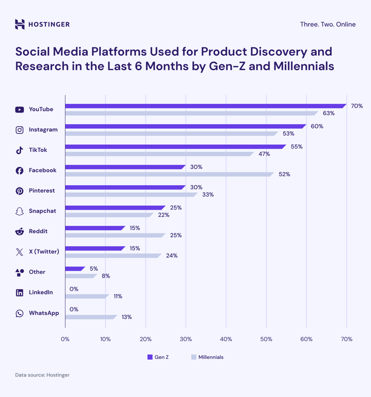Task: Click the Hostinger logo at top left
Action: (x=42, y=24)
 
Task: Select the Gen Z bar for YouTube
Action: (x=205, y=106)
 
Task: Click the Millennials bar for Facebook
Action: (x=169, y=174)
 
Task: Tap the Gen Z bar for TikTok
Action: (x=175, y=147)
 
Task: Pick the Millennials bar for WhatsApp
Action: (x=91, y=317)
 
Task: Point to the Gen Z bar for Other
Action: (x=75, y=269)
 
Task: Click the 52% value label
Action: (x=284, y=174)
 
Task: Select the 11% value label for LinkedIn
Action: (x=118, y=297)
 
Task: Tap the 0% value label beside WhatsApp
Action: (x=74, y=310)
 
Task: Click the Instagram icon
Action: (x=20, y=130)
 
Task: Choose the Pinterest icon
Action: (x=20, y=191)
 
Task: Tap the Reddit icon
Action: (x=20, y=232)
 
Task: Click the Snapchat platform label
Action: (x=42, y=211)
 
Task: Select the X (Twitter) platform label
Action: (x=44, y=252)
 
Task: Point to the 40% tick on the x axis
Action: (x=226, y=339)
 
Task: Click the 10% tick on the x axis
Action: (x=105, y=339)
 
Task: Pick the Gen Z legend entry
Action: (x=158, y=357)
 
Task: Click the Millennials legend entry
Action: (x=207, y=357)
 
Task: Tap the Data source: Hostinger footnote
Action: (x=42, y=375)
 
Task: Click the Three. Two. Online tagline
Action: (x=328, y=24)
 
